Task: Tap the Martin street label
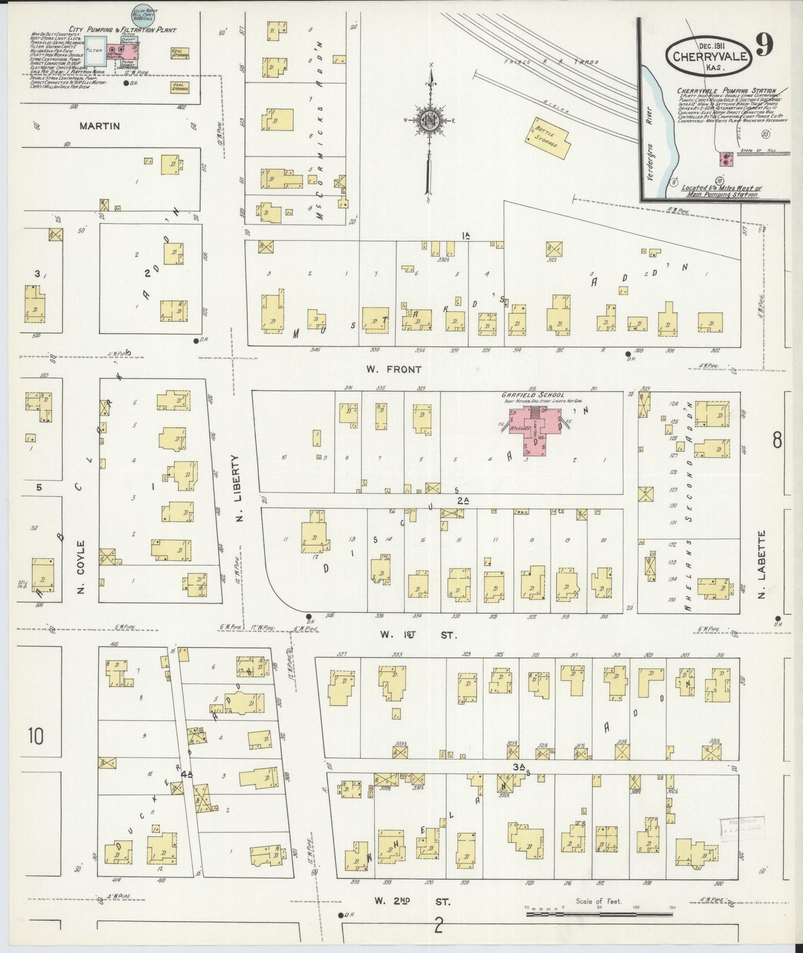click(99, 126)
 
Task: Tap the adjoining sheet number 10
click(34, 737)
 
